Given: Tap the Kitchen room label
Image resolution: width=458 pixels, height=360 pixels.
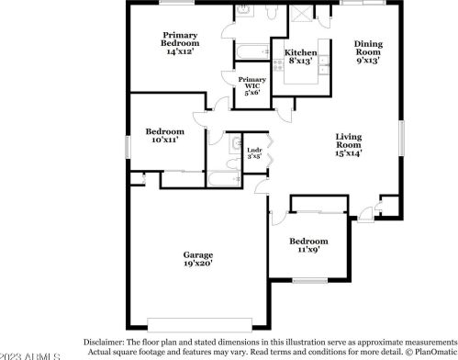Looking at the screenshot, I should tap(301, 53).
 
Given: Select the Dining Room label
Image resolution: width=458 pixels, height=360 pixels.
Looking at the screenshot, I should tap(368, 49).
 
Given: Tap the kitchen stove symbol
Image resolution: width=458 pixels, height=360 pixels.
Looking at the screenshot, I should tap(276, 65).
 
